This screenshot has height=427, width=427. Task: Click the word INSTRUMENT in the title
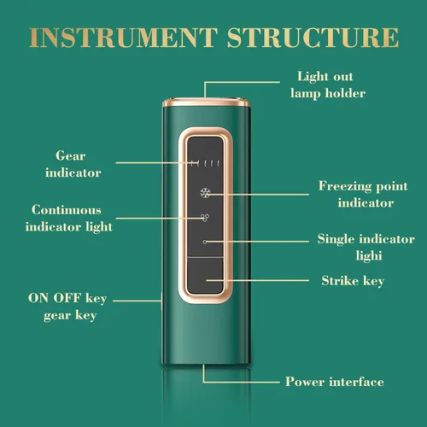(x=123, y=38)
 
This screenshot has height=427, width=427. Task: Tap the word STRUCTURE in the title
(x=313, y=38)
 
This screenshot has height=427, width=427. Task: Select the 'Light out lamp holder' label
(x=328, y=85)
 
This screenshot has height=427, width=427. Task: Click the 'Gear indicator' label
(x=73, y=164)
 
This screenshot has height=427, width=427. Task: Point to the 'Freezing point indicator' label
(x=363, y=195)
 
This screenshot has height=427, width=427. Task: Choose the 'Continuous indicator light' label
(x=69, y=219)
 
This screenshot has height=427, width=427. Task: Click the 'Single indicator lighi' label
(x=366, y=247)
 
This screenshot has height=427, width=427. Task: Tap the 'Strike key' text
(x=353, y=281)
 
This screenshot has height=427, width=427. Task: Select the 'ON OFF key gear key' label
(x=67, y=307)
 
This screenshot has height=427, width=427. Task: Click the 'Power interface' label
(x=335, y=382)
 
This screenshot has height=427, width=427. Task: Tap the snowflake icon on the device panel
(x=205, y=193)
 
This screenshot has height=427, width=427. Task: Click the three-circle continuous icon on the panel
(x=205, y=218)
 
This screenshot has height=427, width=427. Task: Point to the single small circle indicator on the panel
(x=205, y=242)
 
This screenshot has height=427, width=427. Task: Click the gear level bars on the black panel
(x=206, y=163)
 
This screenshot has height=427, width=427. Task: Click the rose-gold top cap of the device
(x=206, y=102)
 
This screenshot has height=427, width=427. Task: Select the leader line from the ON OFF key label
(x=137, y=301)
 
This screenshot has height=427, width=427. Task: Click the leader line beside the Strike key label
(x=258, y=280)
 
